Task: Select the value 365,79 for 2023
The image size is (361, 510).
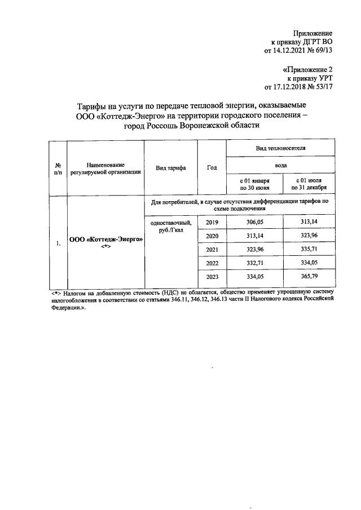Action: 310,277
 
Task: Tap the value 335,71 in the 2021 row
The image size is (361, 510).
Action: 310,250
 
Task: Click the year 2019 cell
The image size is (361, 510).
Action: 212,223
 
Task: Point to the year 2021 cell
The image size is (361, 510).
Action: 212,250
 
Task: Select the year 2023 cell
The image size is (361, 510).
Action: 212,277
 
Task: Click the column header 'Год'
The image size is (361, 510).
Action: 212,168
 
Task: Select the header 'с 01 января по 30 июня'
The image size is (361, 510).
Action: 254,184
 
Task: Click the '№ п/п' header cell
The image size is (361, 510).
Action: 58,168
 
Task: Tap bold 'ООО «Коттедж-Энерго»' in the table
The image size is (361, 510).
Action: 105,239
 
